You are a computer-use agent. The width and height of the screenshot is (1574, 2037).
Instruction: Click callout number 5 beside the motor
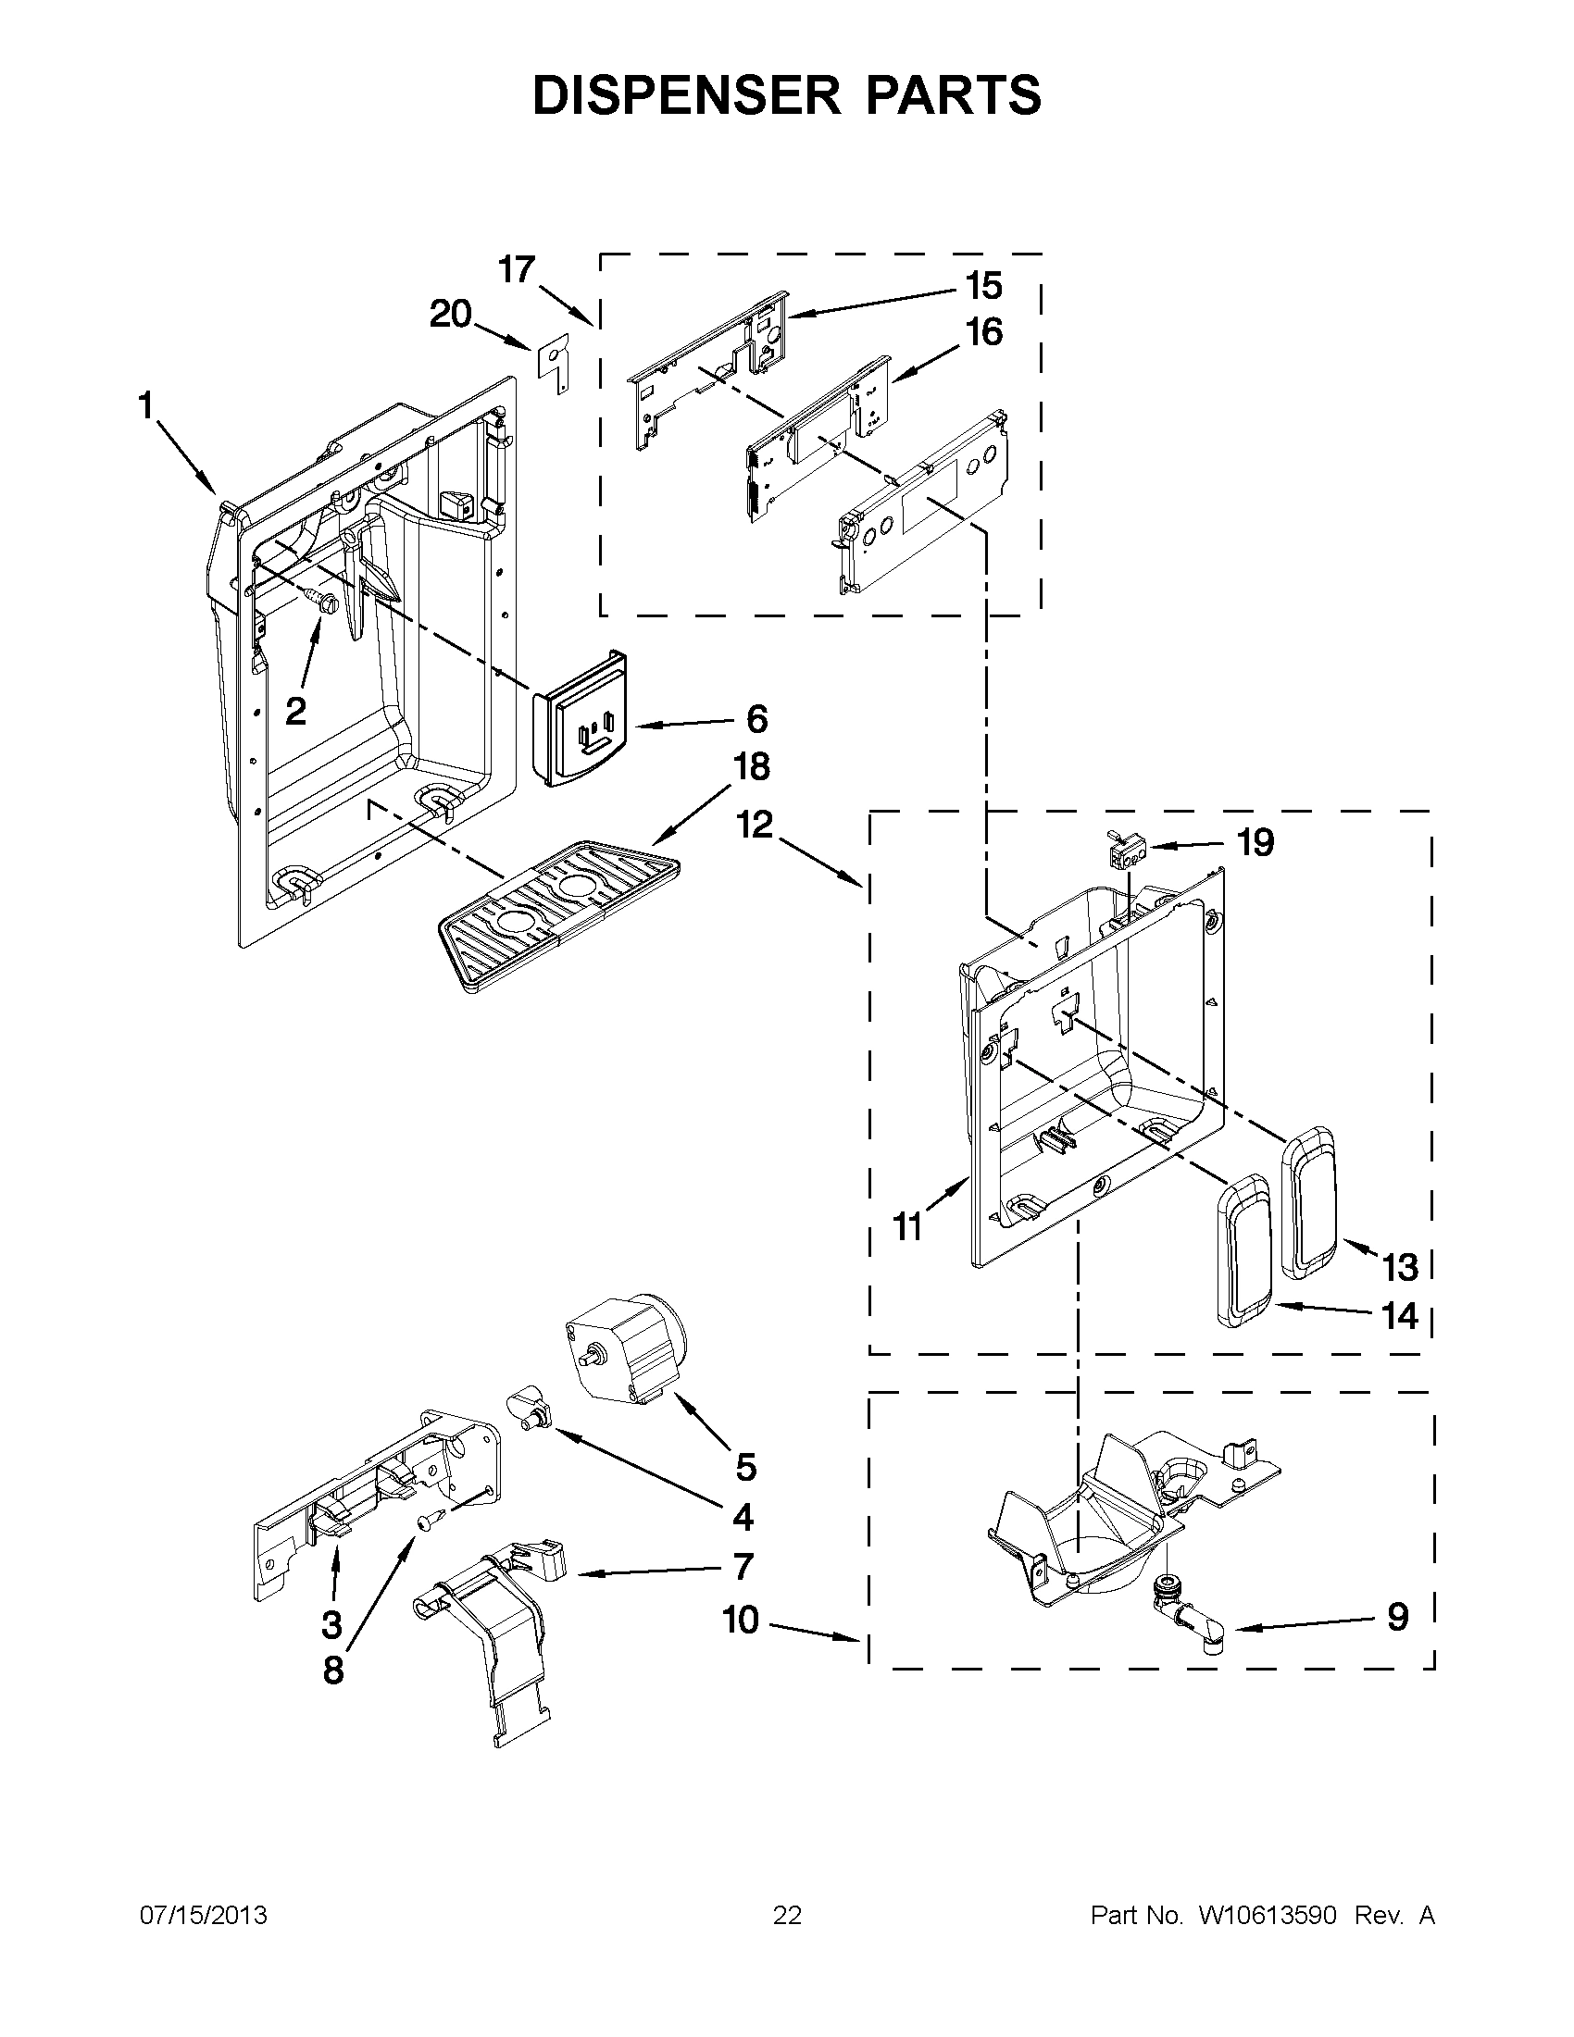(745, 1467)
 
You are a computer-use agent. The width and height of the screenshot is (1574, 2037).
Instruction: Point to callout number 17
(516, 269)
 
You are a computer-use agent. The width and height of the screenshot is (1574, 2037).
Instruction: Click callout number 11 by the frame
(907, 1227)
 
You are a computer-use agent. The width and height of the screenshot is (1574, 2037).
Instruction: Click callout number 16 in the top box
(984, 332)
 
